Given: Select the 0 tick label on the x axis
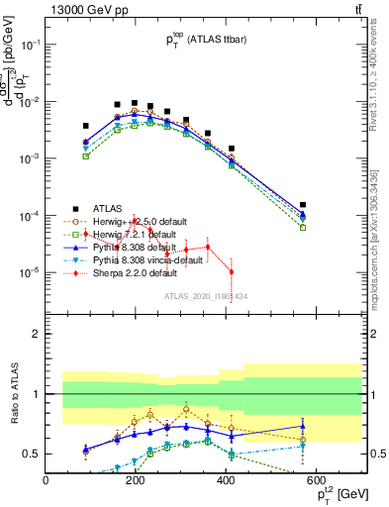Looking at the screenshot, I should (x=47, y=481).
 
